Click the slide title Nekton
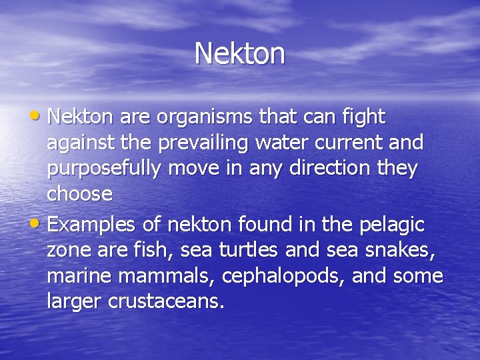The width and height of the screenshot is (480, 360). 240,53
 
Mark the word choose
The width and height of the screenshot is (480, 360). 80,195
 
